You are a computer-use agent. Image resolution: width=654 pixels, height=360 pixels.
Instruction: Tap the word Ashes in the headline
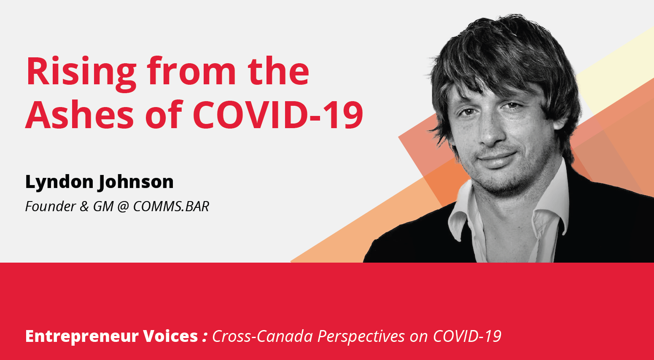[79, 114]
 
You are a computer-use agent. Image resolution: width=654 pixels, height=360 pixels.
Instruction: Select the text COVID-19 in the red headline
[278, 114]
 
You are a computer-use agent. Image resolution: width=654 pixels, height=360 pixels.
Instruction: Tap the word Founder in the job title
[51, 207]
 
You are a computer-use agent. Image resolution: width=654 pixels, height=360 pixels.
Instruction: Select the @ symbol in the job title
[123, 207]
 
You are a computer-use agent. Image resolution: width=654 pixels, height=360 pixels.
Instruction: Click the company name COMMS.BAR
[171, 207]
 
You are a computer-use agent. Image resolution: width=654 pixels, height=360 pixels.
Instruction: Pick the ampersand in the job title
[84, 207]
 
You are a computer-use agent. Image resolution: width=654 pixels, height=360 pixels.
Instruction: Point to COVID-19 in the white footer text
[467, 336]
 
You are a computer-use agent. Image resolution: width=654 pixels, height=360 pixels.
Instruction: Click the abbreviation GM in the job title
[103, 207]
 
